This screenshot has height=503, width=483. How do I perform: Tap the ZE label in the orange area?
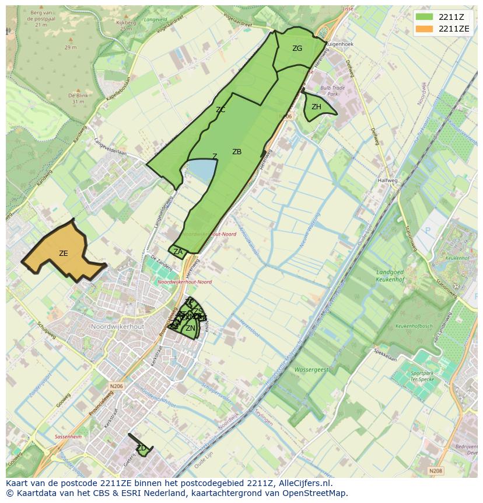tap(64, 254)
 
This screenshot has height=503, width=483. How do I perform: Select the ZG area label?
tap(297, 48)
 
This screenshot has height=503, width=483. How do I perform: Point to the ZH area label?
tap(316, 107)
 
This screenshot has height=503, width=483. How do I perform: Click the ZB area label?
tap(237, 152)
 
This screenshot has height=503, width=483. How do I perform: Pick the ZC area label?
tap(220, 110)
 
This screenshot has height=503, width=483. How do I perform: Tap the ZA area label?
tap(178, 252)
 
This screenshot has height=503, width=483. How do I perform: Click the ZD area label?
tap(141, 448)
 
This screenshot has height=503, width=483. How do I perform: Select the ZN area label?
tap(190, 329)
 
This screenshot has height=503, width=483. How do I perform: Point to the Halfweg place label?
tap(387, 181)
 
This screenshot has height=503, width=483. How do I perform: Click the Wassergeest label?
tap(311, 370)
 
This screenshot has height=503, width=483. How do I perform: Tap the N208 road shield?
tap(435, 471)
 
